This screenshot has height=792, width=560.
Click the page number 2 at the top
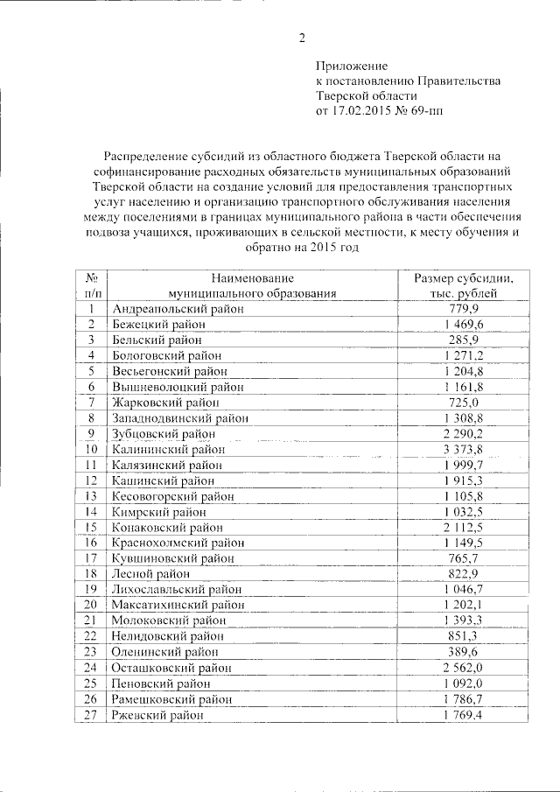302,38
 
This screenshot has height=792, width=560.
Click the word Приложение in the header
351,66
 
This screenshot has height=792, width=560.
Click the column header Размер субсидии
463,278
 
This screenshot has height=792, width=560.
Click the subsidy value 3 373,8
463,449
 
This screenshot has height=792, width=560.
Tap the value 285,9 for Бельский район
463,340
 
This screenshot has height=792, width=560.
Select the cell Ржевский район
157,714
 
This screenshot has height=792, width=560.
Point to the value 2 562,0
463,668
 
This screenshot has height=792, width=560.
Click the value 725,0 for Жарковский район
463,402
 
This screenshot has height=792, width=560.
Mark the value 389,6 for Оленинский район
463,652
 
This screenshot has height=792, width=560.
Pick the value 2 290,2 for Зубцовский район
463,433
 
